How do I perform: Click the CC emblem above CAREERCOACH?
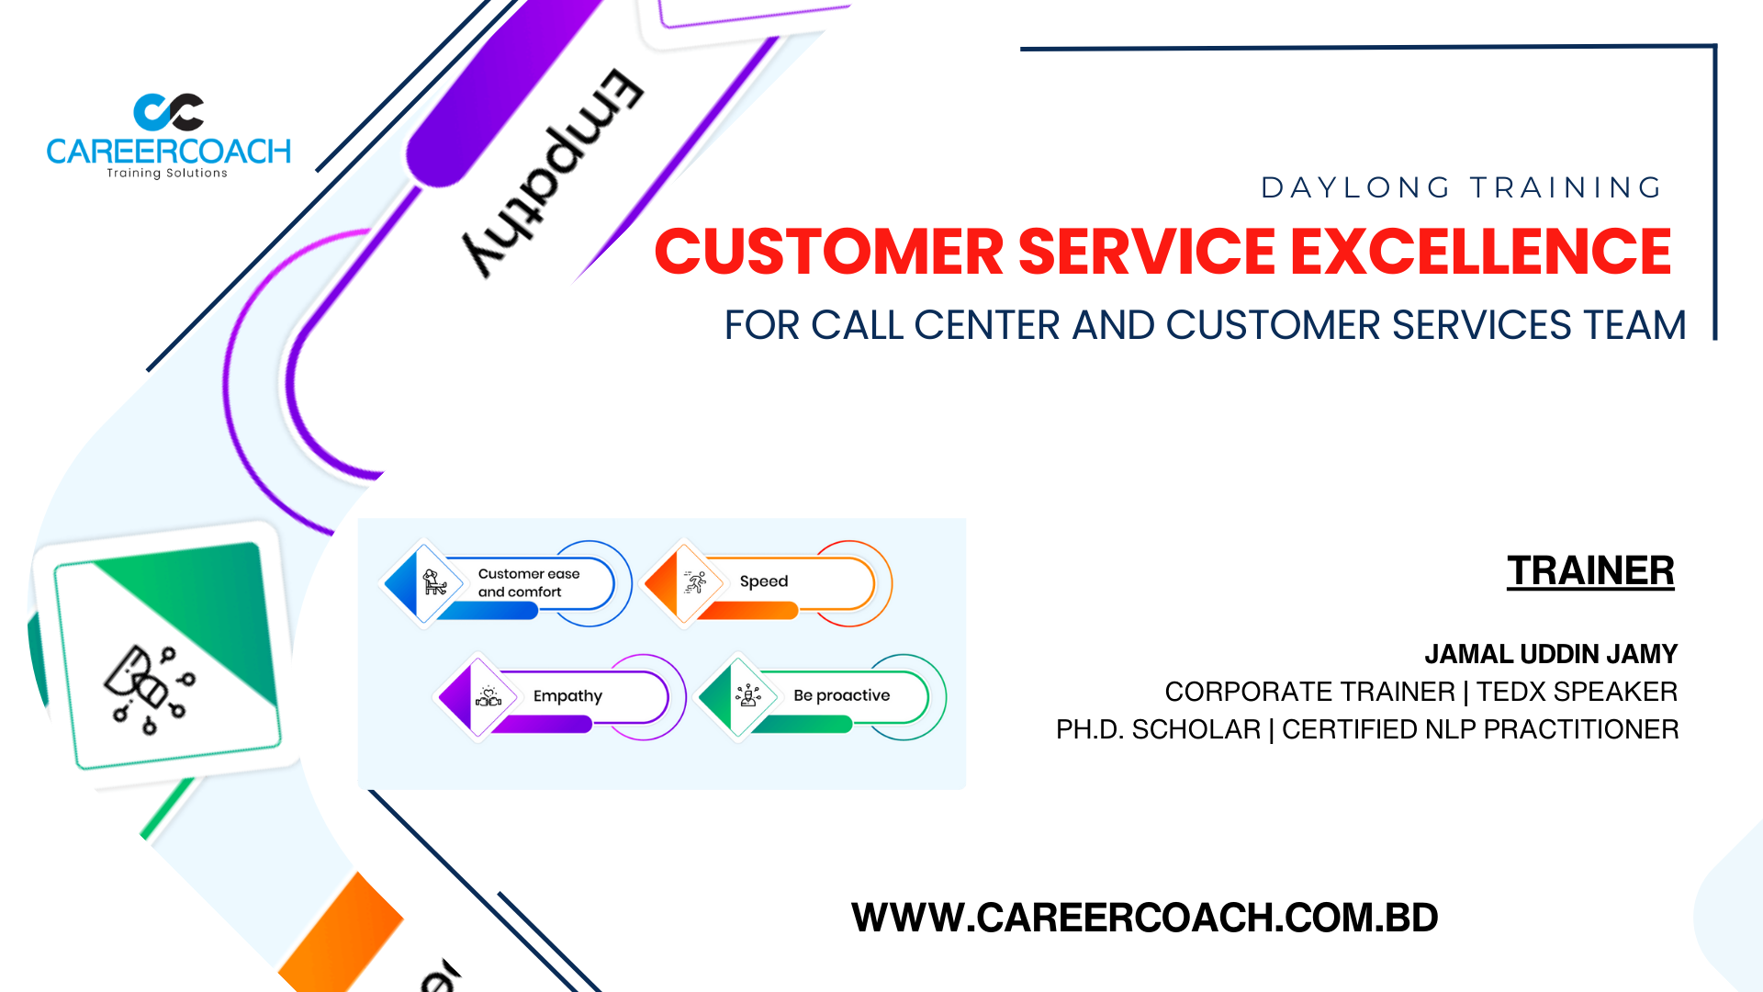[169, 112]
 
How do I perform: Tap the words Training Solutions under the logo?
[167, 173]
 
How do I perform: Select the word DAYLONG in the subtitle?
[1355, 187]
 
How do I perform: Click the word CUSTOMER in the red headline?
[829, 252]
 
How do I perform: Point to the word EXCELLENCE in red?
[1481, 252]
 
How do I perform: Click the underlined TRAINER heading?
[1590, 570]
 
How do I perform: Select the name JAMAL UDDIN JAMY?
[1551, 654]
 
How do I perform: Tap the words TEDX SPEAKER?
[1577, 692]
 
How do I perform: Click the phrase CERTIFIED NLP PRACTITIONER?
[1480, 729]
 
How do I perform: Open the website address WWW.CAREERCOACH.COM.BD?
[1145, 918]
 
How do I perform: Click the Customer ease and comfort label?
[529, 582]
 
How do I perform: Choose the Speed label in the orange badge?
[764, 581]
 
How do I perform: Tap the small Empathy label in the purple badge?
[567, 696]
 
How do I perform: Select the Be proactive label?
[842, 695]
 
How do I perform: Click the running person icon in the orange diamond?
[695, 581]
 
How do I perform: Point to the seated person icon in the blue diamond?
[434, 581]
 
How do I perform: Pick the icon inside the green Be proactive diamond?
[748, 695]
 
